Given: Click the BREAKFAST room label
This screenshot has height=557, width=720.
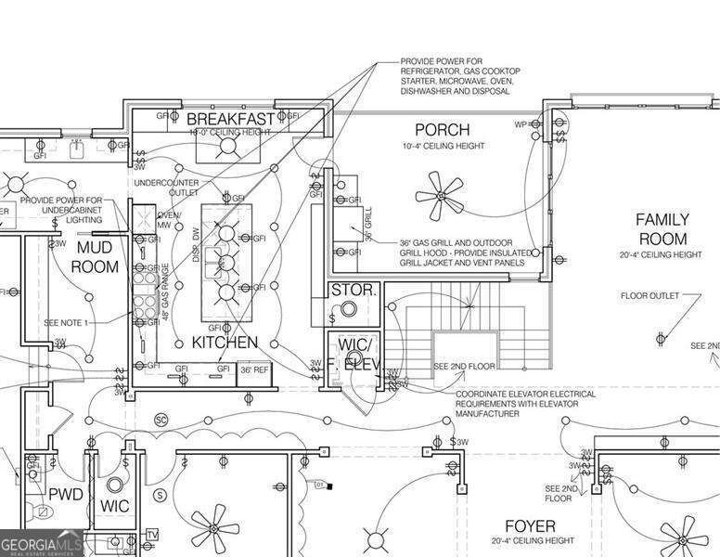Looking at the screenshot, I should coord(231,119).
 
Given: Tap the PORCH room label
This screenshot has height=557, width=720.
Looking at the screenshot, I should coord(442,129).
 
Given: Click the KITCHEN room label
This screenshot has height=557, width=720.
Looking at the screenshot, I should coord(225,343).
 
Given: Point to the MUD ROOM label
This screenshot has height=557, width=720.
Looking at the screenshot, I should coord(96,257).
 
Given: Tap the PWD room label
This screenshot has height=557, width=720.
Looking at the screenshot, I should coord(66,493).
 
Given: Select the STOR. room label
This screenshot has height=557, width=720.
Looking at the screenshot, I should coord(354,291).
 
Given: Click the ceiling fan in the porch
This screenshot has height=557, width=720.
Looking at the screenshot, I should coord(440,192).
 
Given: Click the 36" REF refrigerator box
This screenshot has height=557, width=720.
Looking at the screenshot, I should coord(254,370).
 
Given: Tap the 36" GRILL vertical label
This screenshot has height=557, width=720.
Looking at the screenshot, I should coord(367,226).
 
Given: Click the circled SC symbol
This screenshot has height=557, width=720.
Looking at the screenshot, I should coord(160,420).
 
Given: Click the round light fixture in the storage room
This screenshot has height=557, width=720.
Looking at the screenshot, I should coord(350,310).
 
